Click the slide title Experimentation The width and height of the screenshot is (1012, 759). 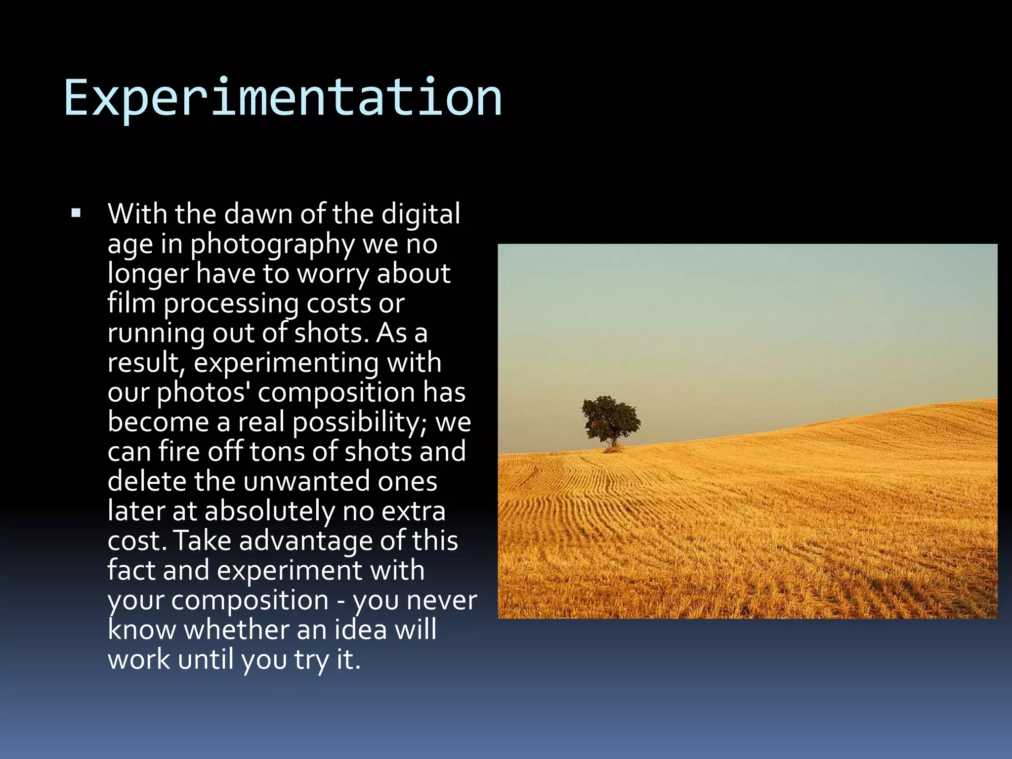[x=283, y=97]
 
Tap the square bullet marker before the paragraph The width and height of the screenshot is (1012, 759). [x=76, y=214]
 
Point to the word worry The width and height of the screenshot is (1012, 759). [x=333, y=274]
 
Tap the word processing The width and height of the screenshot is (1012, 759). [x=231, y=304]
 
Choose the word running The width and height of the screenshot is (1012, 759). [x=156, y=334]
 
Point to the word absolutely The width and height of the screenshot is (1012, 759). [x=270, y=511]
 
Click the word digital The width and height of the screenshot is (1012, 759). [x=421, y=214]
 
